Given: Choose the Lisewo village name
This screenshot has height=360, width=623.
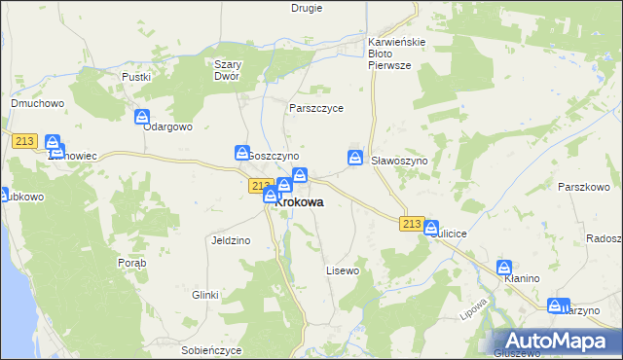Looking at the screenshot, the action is tap(343, 270).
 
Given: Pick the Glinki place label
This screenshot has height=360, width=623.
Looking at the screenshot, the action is tap(204, 294).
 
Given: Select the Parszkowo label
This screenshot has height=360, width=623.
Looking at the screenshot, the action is tap(583, 186).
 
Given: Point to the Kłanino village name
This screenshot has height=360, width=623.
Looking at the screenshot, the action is tap(522, 279).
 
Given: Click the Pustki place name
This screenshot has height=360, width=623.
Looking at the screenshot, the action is tap(135, 76).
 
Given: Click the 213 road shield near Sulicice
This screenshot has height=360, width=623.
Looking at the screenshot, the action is tap(411, 224).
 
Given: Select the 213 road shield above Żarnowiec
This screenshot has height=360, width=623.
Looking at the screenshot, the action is tap(25, 141).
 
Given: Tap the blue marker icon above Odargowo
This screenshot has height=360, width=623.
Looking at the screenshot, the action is tap(142, 117).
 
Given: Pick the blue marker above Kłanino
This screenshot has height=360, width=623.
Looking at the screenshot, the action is tap(504, 267).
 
